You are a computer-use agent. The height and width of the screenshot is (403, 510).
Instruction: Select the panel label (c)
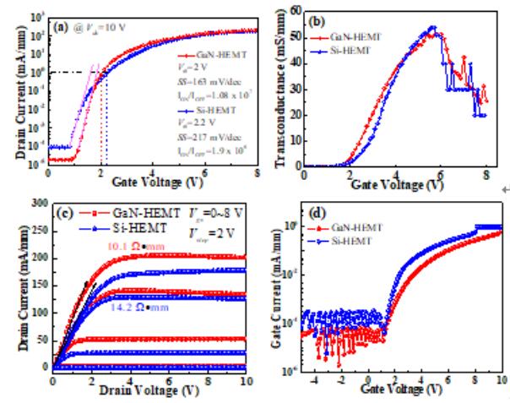61,211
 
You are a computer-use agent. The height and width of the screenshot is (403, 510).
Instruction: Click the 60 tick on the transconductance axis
294,10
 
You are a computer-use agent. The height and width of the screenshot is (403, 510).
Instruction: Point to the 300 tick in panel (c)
37,203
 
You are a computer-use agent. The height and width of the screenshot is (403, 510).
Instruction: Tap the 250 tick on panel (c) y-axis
37,230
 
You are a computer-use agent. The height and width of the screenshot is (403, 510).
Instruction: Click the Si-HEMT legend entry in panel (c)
128,229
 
